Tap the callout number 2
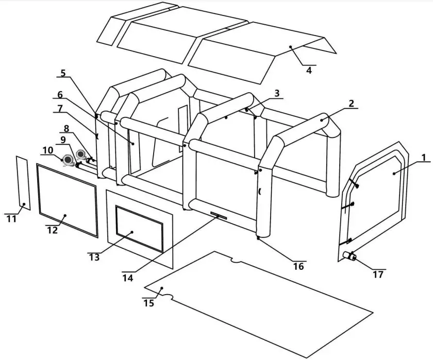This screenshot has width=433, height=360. (351, 103)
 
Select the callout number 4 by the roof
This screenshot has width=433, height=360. (309, 71)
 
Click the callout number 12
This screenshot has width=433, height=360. (52, 230)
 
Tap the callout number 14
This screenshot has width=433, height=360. (128, 278)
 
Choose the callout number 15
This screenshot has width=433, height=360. (148, 303)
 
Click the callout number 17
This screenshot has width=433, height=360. (378, 275)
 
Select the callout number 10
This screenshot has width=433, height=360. (47, 150)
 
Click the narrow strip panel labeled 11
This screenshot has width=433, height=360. (22, 183)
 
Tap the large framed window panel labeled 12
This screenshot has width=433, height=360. (67, 200)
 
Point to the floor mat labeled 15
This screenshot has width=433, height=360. (258, 304)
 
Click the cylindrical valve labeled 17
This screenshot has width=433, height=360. (351, 256)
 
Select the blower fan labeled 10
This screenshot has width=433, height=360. (68, 161)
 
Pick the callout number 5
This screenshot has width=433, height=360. (63, 73)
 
